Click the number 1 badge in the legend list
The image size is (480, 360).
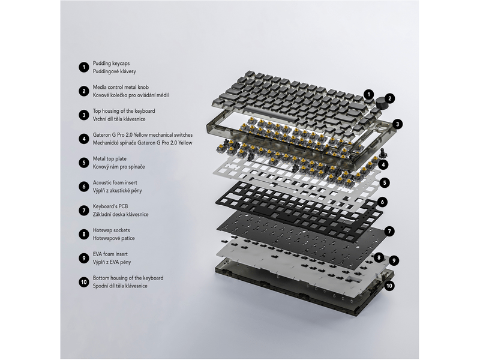tap(84, 67)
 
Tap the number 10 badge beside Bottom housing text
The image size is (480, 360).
tap(84, 282)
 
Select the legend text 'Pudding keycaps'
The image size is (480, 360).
tap(111, 64)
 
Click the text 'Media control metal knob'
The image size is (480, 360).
tap(121, 87)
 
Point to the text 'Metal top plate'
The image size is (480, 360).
tap(110, 159)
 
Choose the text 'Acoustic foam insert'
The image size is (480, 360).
tap(115, 183)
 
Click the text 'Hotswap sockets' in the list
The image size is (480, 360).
tap(112, 230)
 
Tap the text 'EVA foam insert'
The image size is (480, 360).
tap(110, 254)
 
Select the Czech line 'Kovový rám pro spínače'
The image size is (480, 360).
tap(119, 167)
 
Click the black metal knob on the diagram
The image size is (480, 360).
tap(380, 103)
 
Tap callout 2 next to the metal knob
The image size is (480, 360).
tap(389, 98)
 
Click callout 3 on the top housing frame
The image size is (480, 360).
tap(398, 124)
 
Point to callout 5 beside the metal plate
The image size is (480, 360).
tap(385, 183)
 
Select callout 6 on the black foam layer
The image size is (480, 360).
tap(382, 202)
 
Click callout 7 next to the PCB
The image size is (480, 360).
tap(389, 231)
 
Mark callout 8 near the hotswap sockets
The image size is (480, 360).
tap(379, 258)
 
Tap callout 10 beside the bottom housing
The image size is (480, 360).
tap(389, 286)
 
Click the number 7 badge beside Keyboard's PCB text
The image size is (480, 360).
tap(84, 211)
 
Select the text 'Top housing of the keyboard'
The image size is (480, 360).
tap(124, 111)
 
